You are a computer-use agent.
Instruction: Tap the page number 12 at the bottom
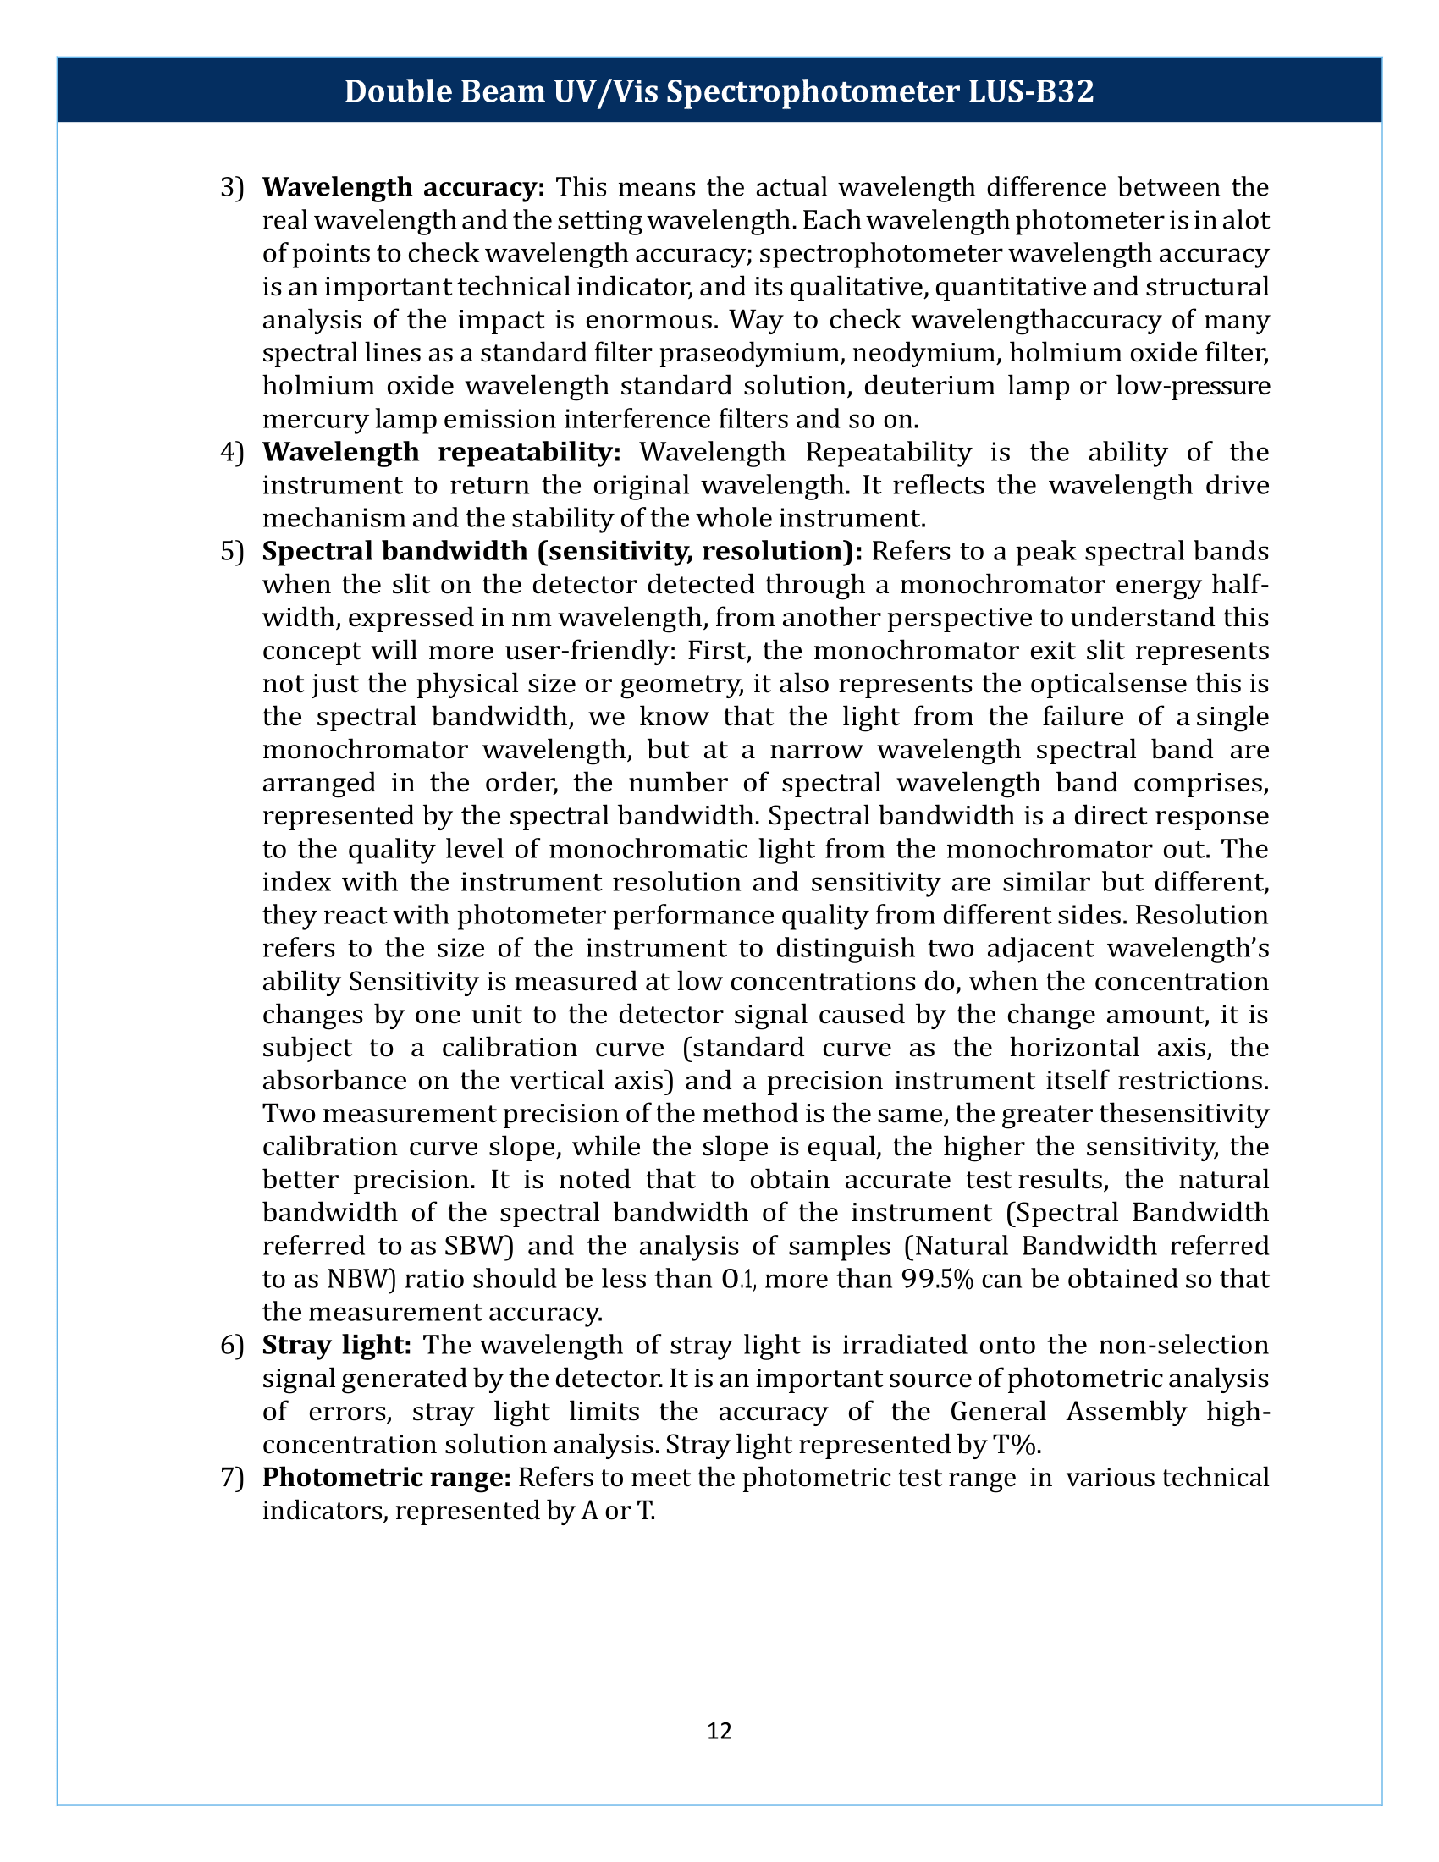(719, 1730)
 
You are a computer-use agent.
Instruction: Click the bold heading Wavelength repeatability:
(442, 452)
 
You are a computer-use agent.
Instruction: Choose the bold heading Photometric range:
(386, 1478)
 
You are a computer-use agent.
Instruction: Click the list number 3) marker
(232, 187)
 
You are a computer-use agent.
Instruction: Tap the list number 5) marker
(232, 552)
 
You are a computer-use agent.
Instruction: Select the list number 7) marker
(232, 1478)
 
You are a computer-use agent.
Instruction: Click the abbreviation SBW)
(478, 1247)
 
